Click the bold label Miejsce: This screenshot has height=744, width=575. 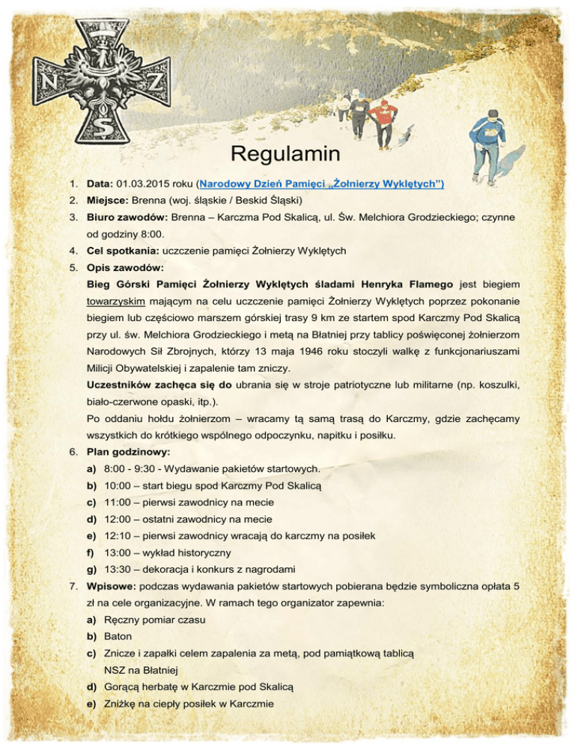[x=108, y=201]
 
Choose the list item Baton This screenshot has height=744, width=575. [x=119, y=636]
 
